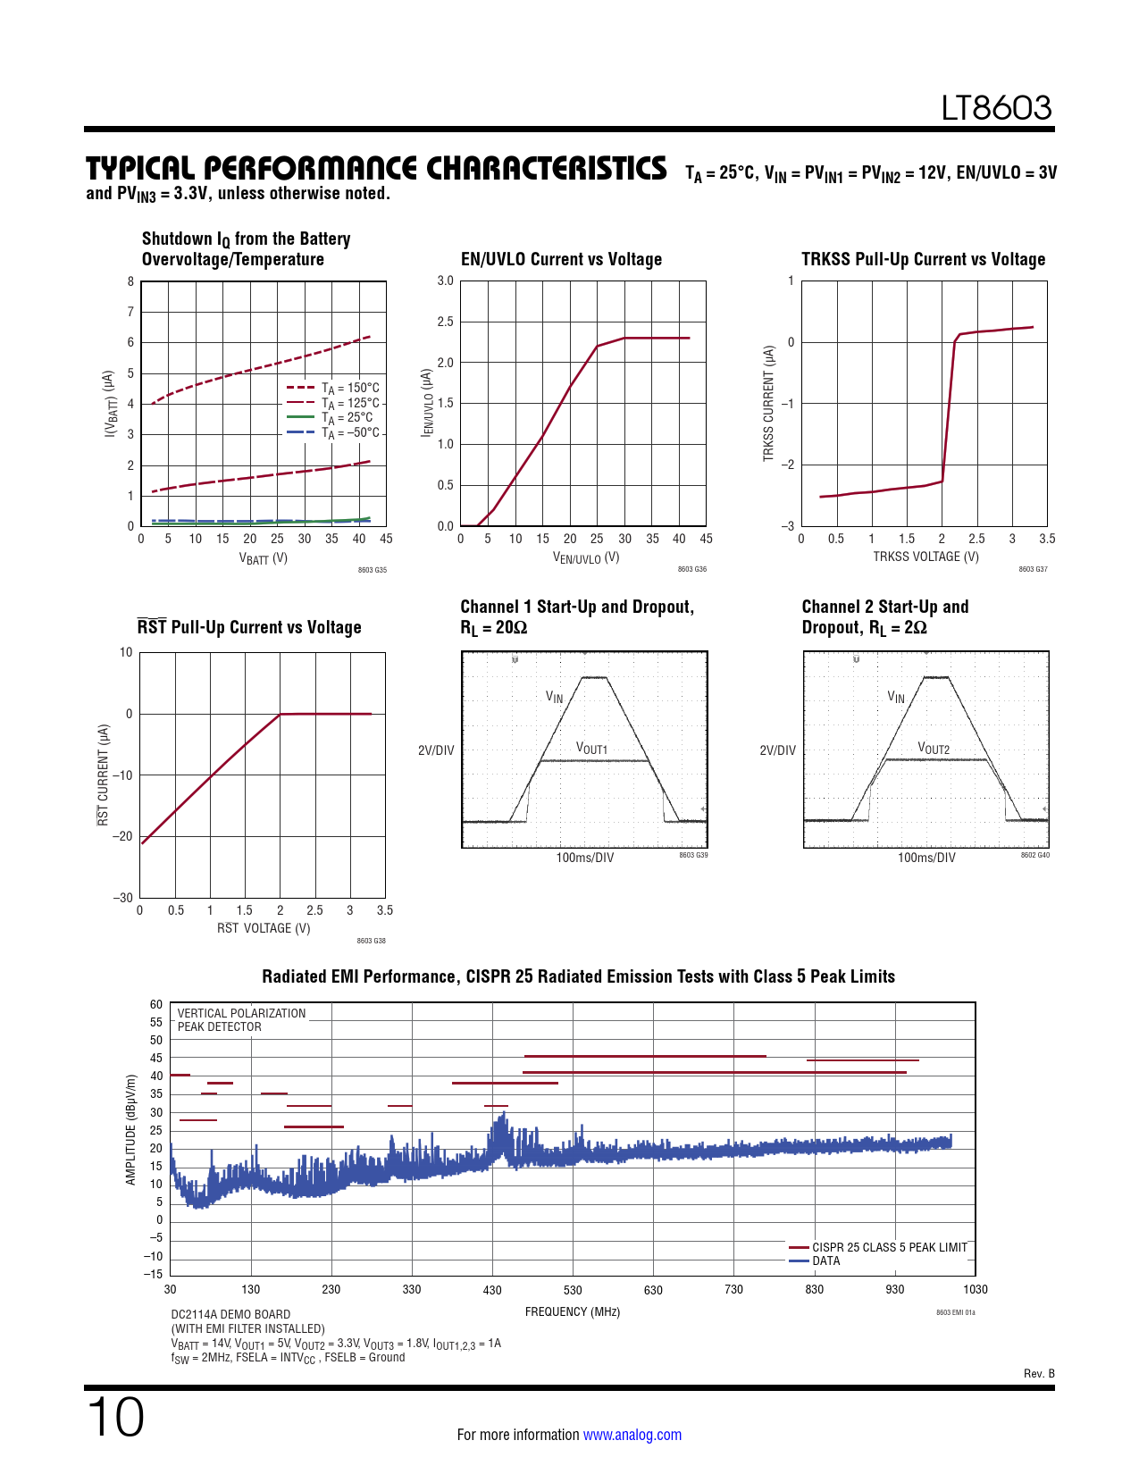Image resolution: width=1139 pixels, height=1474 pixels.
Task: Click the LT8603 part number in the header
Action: tap(996, 108)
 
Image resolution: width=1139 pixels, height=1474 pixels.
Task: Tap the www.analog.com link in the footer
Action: tap(632, 1435)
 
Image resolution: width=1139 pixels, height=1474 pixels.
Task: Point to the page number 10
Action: tap(115, 1418)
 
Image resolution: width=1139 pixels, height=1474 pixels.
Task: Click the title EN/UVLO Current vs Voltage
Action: tap(561, 259)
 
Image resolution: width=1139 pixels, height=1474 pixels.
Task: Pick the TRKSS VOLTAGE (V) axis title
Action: tap(925, 557)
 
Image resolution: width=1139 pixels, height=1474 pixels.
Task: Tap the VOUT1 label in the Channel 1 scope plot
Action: tap(591, 748)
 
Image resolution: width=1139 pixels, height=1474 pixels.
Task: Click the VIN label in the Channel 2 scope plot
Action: tap(896, 697)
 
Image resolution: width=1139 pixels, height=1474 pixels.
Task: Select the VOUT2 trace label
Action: tap(934, 749)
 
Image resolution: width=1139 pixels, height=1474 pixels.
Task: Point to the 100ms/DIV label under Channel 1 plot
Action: tap(584, 858)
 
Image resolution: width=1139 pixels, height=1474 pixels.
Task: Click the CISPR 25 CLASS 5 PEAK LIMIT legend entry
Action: tap(889, 1247)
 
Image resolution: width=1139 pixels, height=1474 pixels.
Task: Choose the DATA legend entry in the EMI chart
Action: tap(825, 1260)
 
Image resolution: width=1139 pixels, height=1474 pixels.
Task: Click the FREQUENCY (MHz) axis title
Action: tap(572, 1311)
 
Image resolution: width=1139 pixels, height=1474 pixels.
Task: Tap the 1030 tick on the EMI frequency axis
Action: tap(975, 1289)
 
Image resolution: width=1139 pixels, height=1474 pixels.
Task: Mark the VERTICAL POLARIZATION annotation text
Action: tap(241, 1013)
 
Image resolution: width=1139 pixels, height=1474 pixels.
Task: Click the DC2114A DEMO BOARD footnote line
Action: tap(230, 1314)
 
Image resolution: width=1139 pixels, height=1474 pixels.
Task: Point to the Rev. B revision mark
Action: tap(1039, 1373)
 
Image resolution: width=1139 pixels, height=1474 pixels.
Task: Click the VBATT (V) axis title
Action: tap(263, 558)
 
